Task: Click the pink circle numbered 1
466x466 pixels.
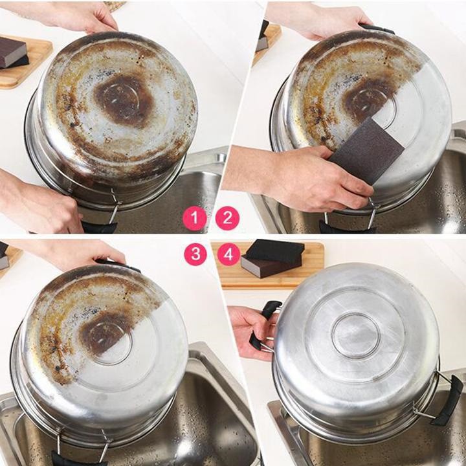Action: (195, 218)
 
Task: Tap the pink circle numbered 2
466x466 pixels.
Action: (227, 218)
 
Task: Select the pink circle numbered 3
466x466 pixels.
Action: (195, 254)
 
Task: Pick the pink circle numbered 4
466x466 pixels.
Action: (228, 254)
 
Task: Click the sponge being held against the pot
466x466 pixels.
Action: (367, 150)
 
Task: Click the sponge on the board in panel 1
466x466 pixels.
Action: (13, 53)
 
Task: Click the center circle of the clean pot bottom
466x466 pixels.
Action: (356, 335)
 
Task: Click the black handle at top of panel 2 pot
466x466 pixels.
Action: (377, 28)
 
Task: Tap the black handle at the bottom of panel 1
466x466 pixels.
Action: (100, 227)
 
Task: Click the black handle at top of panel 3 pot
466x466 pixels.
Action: (118, 265)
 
